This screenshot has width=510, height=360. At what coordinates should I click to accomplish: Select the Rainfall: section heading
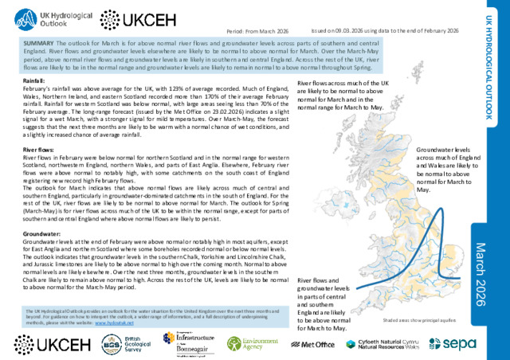point(33,81)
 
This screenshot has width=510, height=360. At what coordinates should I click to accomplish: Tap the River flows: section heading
point(37,149)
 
